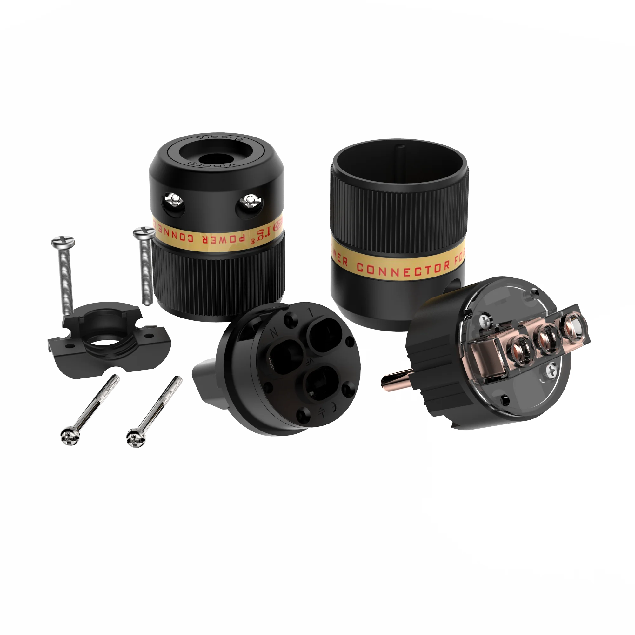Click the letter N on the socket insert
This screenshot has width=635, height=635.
tap(273, 333)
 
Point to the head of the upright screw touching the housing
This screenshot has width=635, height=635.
tap(144, 233)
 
